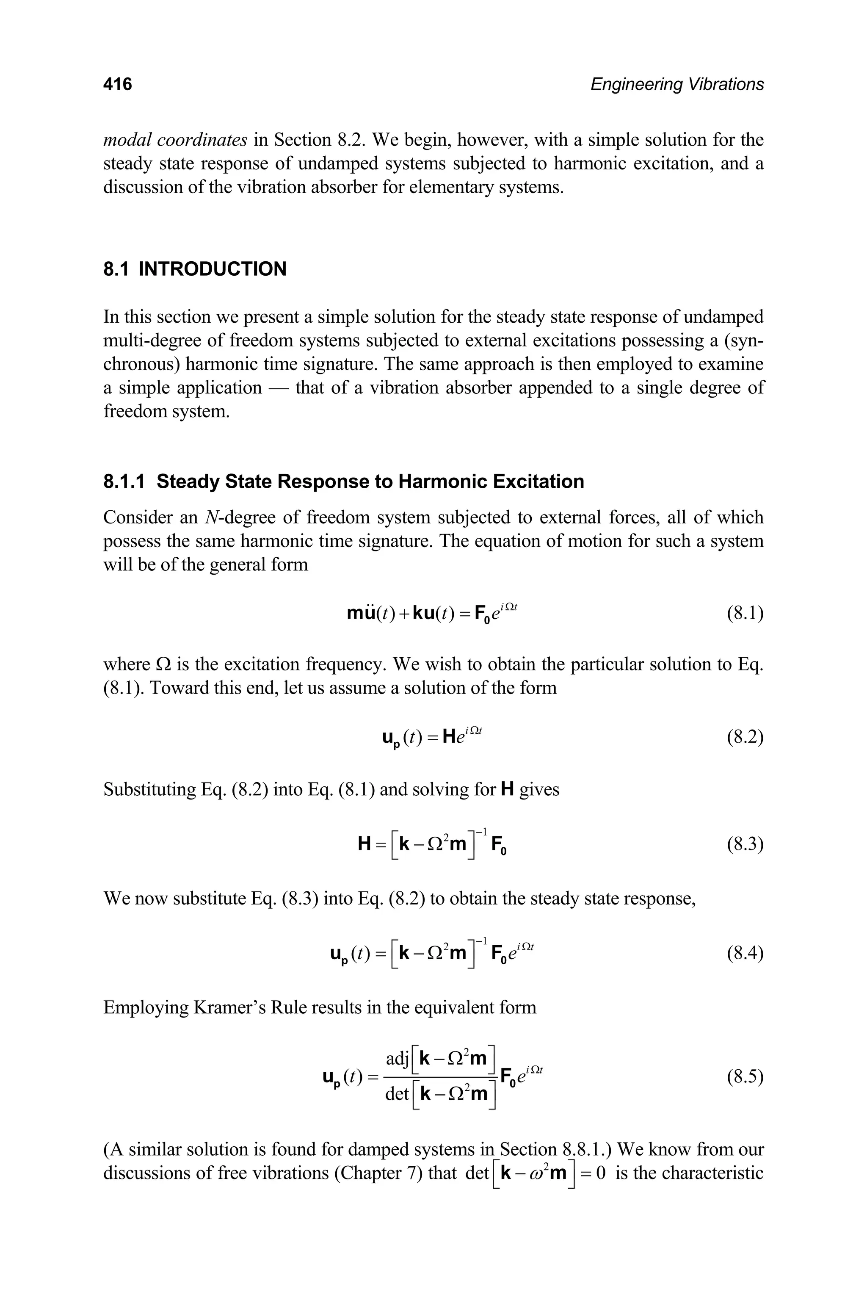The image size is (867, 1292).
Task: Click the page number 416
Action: pyautogui.click(x=118, y=84)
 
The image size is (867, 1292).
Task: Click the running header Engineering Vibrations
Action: pyautogui.click(x=677, y=84)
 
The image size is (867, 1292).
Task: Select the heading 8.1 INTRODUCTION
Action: pyautogui.click(x=195, y=269)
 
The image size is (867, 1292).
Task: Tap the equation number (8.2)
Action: pyautogui.click(x=745, y=737)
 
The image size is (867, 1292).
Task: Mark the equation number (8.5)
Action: pyautogui.click(x=745, y=1076)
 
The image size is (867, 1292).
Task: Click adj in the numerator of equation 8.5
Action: pyautogui.click(x=397, y=1059)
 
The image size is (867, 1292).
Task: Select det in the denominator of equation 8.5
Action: pyautogui.click(x=396, y=1093)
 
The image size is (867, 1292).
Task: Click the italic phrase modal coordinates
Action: pyautogui.click(x=175, y=140)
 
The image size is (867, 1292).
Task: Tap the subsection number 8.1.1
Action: pyautogui.click(x=124, y=482)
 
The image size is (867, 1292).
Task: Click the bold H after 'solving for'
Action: pyautogui.click(x=507, y=789)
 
